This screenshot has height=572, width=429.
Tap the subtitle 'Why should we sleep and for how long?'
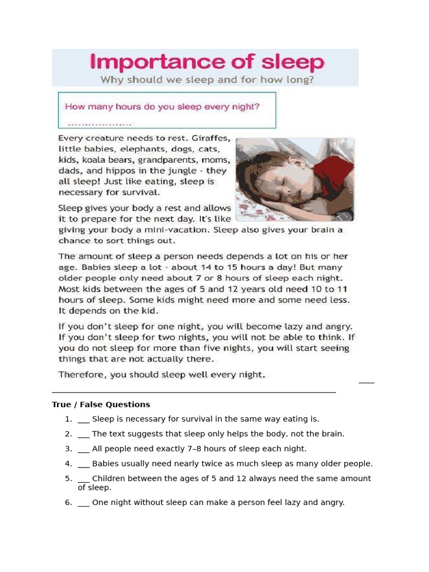[207, 79]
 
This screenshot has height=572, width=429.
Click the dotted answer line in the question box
[99, 123]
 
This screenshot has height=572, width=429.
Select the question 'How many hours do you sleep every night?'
[162, 106]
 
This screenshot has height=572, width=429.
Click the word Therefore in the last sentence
[83, 375]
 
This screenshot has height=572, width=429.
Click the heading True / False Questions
[101, 404]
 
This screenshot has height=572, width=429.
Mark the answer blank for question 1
[84, 420]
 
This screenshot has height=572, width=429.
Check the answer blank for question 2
[84, 434]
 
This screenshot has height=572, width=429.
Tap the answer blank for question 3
[84, 449]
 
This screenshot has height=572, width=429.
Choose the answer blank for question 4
[84, 464]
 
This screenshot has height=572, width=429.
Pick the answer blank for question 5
[84, 479]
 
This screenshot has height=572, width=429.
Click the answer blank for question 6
[84, 503]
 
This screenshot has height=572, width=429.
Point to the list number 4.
[68, 464]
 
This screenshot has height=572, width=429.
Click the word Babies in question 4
[105, 464]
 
